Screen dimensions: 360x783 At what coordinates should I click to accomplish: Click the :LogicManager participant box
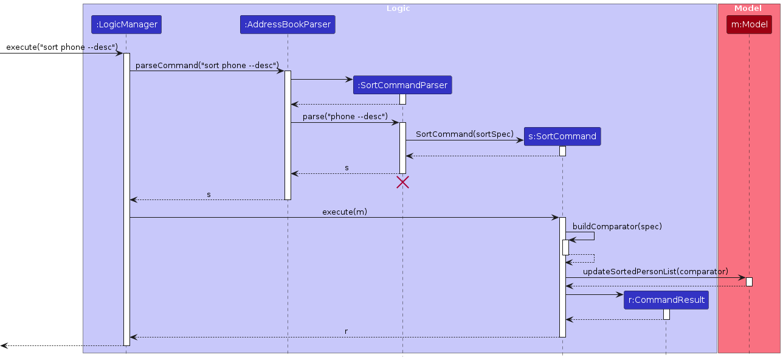(126, 25)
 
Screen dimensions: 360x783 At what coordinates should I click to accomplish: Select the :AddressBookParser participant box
(288, 25)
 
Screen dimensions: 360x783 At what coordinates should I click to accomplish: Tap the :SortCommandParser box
(402, 85)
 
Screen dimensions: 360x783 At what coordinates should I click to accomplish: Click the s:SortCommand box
(562, 136)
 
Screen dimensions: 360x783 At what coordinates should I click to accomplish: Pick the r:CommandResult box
(666, 300)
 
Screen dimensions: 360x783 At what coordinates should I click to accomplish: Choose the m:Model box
(749, 25)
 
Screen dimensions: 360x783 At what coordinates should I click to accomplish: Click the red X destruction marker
(402, 182)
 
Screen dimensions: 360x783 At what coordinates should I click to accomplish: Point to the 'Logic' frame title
(398, 9)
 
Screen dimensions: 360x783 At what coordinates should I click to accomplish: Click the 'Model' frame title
(748, 9)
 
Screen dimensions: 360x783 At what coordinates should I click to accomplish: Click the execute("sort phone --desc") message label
(61, 47)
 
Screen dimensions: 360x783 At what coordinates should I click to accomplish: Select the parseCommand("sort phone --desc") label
(207, 65)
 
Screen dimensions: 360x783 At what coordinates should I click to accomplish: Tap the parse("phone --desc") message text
(345, 117)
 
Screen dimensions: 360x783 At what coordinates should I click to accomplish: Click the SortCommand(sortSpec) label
(464, 134)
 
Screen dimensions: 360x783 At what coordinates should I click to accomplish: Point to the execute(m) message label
(345, 212)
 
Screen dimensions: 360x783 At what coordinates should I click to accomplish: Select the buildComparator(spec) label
(617, 226)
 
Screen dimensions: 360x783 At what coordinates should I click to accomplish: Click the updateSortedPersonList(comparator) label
(655, 271)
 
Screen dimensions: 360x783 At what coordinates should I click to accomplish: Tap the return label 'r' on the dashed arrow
(346, 331)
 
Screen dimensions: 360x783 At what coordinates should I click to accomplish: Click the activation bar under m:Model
(749, 282)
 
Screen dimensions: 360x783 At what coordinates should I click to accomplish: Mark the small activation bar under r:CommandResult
(666, 314)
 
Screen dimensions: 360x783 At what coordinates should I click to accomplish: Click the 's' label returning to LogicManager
(209, 195)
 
